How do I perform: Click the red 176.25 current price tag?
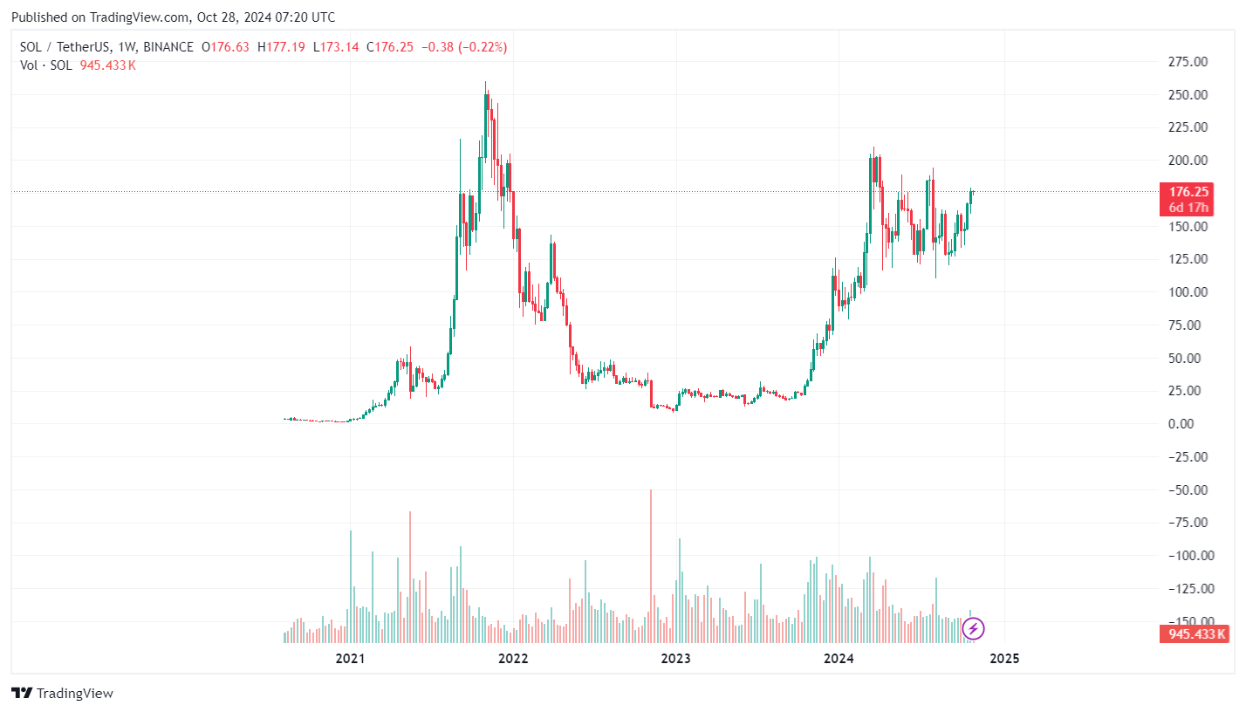point(1188,192)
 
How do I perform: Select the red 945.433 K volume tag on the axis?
point(1193,634)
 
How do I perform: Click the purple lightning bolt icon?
point(974,627)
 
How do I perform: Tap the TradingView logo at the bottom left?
point(63,694)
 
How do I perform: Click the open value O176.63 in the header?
point(224,47)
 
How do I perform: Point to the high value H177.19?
point(281,47)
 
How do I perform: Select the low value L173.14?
point(336,47)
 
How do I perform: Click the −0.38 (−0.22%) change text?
point(464,47)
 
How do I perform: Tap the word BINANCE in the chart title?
point(168,47)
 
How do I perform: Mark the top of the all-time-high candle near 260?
point(486,83)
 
